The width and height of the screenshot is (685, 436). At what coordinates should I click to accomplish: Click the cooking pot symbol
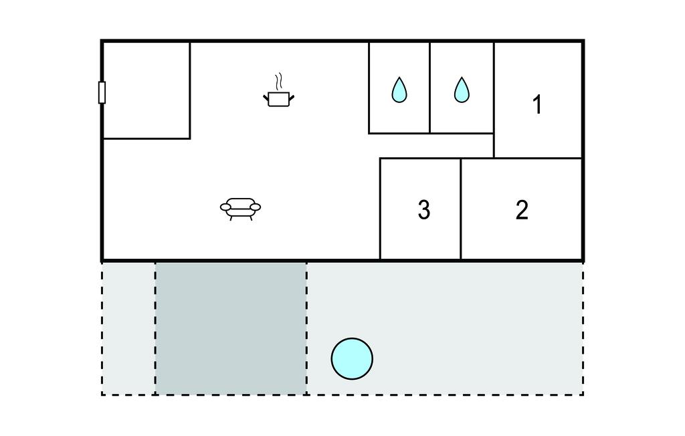pyautogui.click(x=279, y=99)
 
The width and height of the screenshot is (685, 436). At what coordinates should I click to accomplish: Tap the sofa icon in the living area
pyautogui.click(x=240, y=208)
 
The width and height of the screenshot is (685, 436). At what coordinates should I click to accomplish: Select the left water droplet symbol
pyautogui.click(x=399, y=90)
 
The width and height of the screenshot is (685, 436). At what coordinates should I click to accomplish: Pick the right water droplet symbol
pyautogui.click(x=462, y=90)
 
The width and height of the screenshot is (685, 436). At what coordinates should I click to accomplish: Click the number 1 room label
pyautogui.click(x=536, y=105)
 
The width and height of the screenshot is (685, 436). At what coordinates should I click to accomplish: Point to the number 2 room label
pyautogui.click(x=522, y=210)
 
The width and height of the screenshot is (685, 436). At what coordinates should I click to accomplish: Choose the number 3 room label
pyautogui.click(x=423, y=210)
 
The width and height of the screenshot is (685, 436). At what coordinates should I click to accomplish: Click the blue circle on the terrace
pyautogui.click(x=352, y=359)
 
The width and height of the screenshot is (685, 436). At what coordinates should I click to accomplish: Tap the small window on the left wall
pyautogui.click(x=102, y=92)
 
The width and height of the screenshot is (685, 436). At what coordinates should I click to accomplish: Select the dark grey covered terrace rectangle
pyautogui.click(x=231, y=328)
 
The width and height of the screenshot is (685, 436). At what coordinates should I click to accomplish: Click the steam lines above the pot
pyautogui.click(x=280, y=82)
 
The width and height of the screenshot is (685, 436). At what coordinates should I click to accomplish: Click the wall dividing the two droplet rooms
pyautogui.click(x=429, y=87)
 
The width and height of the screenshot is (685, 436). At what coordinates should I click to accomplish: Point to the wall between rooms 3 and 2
pyautogui.click(x=461, y=209)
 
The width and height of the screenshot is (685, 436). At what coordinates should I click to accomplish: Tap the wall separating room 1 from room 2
pyautogui.click(x=538, y=158)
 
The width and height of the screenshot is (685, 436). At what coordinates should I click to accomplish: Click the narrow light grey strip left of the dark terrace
pyautogui.click(x=128, y=328)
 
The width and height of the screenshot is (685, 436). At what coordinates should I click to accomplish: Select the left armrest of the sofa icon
pyautogui.click(x=225, y=207)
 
